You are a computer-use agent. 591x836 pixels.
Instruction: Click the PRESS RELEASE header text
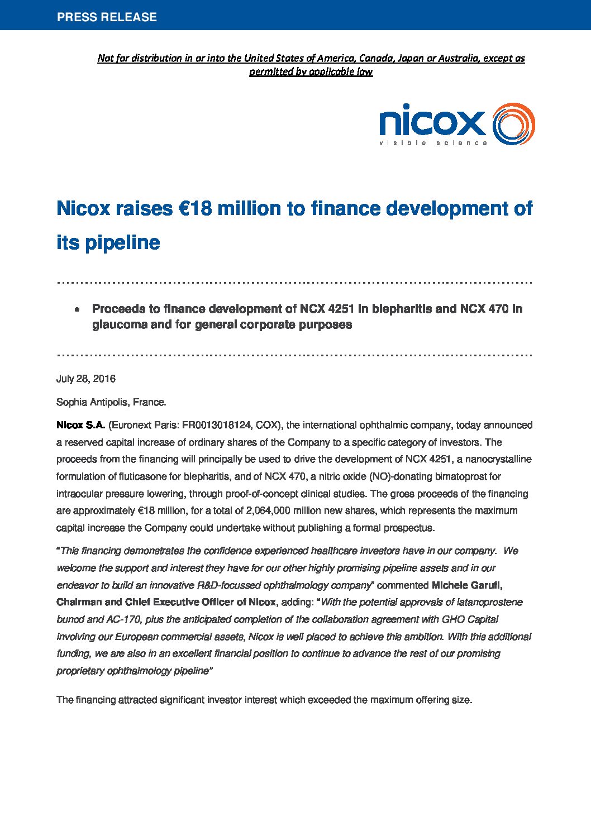(107, 17)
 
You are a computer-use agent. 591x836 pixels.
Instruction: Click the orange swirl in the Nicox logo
(513, 124)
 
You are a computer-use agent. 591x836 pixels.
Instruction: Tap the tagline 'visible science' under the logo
(433, 143)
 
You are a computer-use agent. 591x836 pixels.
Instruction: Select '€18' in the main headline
(195, 208)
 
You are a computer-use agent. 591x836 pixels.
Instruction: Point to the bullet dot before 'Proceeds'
(78, 309)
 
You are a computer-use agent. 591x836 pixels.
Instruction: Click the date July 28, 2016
(86, 379)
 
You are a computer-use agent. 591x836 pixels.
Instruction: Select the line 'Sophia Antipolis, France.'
(111, 402)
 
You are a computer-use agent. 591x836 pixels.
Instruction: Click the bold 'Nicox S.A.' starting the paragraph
(80, 425)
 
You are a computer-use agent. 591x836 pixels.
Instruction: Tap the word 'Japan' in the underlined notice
(410, 58)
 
